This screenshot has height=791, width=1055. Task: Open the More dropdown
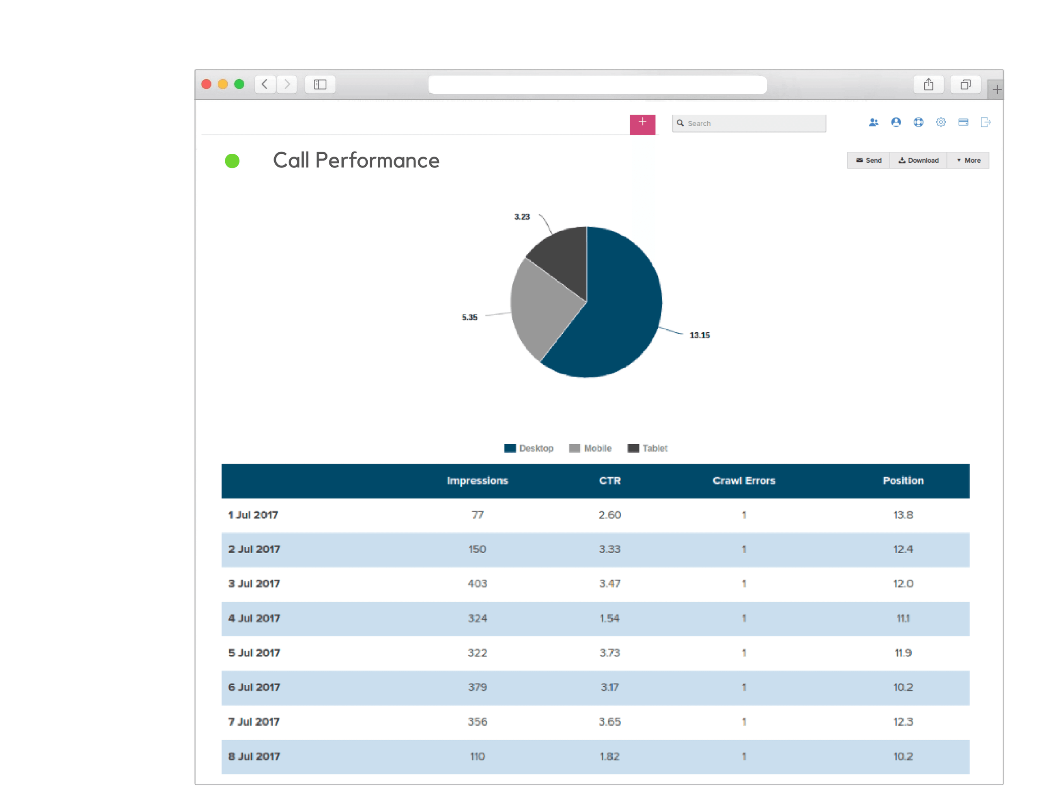click(968, 161)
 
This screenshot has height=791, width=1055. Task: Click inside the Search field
click(754, 123)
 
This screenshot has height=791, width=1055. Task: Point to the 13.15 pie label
click(699, 335)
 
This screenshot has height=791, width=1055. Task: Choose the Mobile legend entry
click(590, 448)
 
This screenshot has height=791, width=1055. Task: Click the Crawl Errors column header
click(743, 481)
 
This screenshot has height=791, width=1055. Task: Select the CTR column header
click(609, 481)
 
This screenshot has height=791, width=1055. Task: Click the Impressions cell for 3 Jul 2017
click(477, 584)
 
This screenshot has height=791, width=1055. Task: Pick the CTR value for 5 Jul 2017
click(609, 653)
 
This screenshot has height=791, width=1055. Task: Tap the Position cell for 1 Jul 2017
click(902, 515)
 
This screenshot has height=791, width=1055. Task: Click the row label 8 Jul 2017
click(254, 756)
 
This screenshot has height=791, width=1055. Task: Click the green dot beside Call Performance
click(232, 161)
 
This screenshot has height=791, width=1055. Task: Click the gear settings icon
click(941, 123)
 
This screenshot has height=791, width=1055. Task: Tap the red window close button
click(207, 84)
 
